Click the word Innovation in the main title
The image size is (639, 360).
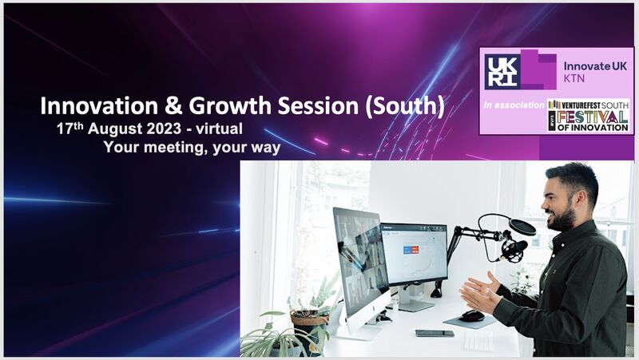click(99, 106)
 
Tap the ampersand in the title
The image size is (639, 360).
click(173, 106)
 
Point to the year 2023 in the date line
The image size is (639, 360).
click(164, 129)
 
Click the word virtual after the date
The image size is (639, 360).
click(219, 129)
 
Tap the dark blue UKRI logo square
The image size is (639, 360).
click(502, 72)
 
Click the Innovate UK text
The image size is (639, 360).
click(595, 66)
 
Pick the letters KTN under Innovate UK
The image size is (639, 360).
click(574, 78)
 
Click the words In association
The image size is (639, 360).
click(514, 105)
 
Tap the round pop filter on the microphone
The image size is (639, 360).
click(522, 227)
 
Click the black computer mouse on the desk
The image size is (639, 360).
click(473, 315)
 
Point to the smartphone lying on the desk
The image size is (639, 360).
click(435, 333)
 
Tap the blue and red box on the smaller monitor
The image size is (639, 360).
click(411, 250)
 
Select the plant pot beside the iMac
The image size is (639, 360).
click(309, 322)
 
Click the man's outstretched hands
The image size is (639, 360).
click(481, 292)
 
